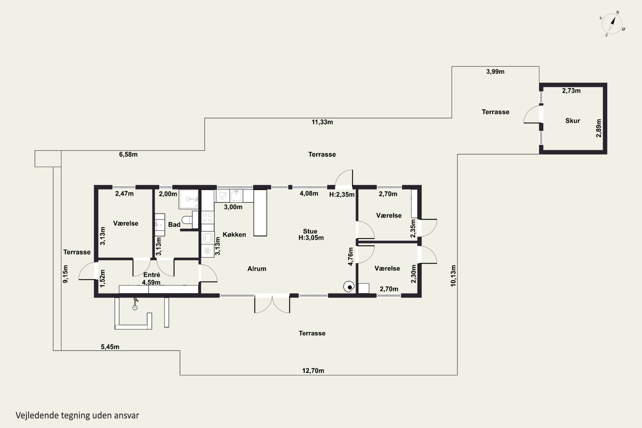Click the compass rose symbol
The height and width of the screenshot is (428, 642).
click(612, 24)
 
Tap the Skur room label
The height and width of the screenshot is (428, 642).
click(572, 121)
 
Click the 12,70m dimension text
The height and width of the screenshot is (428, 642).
click(313, 371)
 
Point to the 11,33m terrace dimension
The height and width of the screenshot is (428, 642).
click(322, 122)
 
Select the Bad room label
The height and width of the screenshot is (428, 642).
click(174, 225)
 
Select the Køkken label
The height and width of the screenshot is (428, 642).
click(234, 235)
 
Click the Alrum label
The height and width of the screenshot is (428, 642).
click(257, 269)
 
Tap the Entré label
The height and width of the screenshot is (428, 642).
click(152, 275)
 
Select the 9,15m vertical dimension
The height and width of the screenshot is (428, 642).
click(65, 274)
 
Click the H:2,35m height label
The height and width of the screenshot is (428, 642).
click(342, 195)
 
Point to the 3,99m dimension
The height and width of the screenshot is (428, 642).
click(495, 71)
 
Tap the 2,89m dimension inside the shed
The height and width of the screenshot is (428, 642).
click(598, 128)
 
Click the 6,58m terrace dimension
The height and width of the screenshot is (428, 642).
click(128, 155)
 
